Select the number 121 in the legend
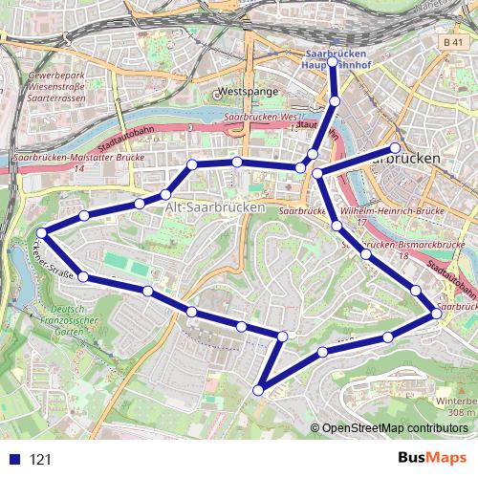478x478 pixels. tap(40, 459)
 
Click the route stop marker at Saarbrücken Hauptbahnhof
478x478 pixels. tap(333, 63)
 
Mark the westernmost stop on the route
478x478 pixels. tap(42, 232)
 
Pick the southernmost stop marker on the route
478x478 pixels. tap(258, 389)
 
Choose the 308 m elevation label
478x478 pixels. tap(463, 412)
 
